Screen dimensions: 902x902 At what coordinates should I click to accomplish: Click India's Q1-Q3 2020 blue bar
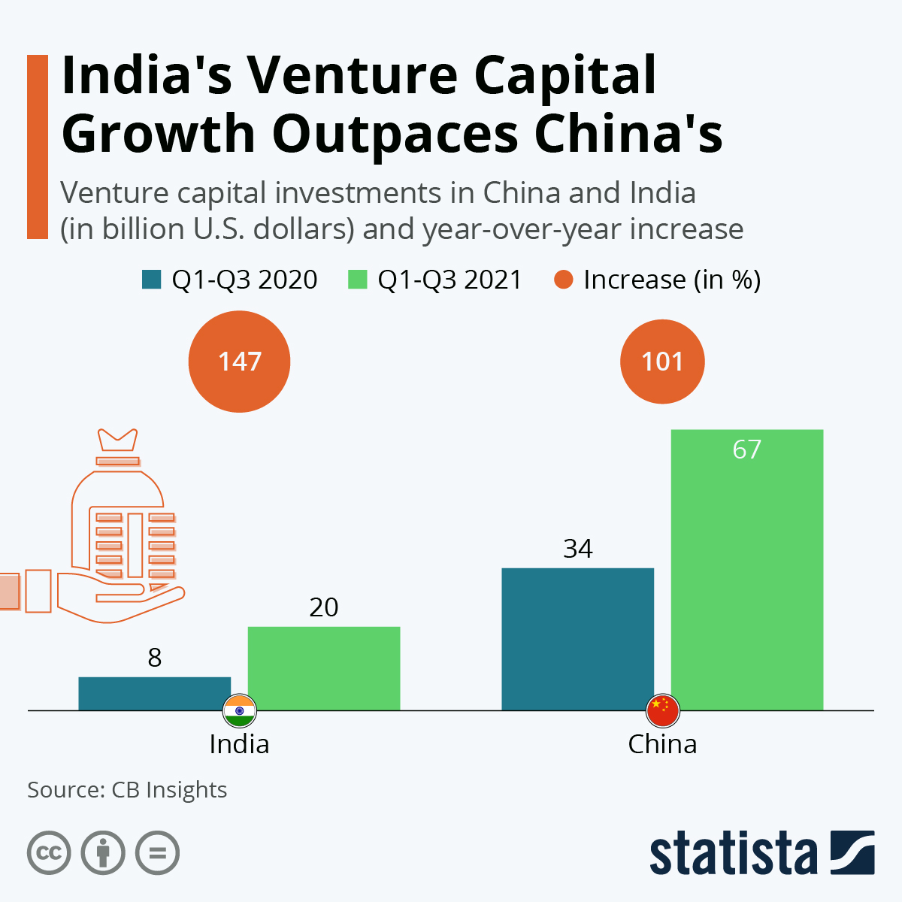(154, 693)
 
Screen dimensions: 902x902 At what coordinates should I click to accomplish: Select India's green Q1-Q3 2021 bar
(324, 668)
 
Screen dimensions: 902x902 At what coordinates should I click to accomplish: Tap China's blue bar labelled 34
(577, 639)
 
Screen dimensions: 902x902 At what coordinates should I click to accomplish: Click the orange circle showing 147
(239, 362)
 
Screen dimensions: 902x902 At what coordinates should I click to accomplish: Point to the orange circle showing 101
(662, 362)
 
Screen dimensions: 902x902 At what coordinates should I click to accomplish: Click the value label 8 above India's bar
(155, 658)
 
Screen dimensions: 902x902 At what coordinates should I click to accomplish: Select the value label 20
(324, 607)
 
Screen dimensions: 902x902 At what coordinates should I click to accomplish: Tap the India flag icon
(240, 710)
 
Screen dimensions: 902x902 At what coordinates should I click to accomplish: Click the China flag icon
(662, 710)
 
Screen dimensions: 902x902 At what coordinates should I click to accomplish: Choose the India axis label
(239, 744)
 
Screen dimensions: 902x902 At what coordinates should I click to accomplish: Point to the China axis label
(662, 744)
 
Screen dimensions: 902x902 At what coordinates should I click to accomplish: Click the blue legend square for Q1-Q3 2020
(151, 280)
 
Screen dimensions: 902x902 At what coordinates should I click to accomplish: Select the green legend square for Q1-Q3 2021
(357, 280)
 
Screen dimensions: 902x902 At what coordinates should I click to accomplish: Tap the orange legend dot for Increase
(564, 280)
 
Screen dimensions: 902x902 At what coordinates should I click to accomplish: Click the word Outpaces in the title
(395, 134)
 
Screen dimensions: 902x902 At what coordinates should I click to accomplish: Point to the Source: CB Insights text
(127, 790)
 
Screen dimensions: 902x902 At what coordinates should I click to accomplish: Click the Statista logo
(761, 853)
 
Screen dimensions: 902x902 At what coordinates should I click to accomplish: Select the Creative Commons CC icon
(49, 853)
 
